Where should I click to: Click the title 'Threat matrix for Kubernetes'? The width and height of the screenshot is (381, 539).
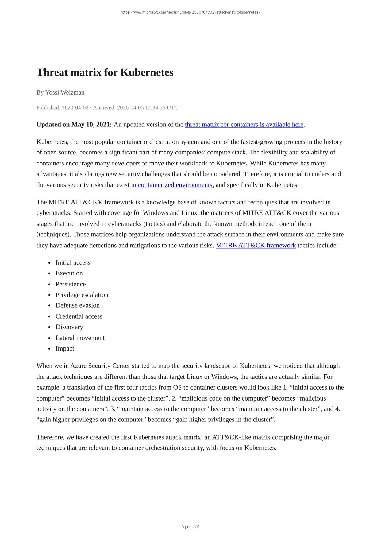[105, 72]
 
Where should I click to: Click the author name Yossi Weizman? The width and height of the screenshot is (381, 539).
[65, 92]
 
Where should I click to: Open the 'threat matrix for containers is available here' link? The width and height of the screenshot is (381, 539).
[244, 125]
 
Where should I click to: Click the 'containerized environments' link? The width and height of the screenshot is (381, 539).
[175, 185]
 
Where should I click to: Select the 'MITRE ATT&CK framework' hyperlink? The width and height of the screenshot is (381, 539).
[256, 245]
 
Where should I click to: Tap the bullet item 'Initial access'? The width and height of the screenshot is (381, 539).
[73, 262]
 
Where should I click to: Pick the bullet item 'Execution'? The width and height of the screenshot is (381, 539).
[69, 273]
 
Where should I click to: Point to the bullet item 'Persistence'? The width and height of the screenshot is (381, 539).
[71, 284]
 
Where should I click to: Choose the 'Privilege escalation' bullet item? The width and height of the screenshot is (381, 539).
[82, 295]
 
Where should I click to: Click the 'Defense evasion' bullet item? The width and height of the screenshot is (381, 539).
[78, 305]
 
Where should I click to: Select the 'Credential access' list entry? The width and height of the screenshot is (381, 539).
[79, 316]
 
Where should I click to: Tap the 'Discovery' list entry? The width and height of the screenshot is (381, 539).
[69, 327]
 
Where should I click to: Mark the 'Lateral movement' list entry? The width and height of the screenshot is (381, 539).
[80, 338]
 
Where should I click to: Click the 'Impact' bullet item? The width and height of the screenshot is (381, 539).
[65, 348]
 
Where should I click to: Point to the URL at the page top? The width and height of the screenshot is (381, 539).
[190, 12]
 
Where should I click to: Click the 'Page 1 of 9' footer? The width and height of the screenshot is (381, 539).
[190, 527]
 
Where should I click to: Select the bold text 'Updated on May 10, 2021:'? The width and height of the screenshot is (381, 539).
[74, 125]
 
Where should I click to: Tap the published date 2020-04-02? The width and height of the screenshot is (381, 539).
[75, 107]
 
